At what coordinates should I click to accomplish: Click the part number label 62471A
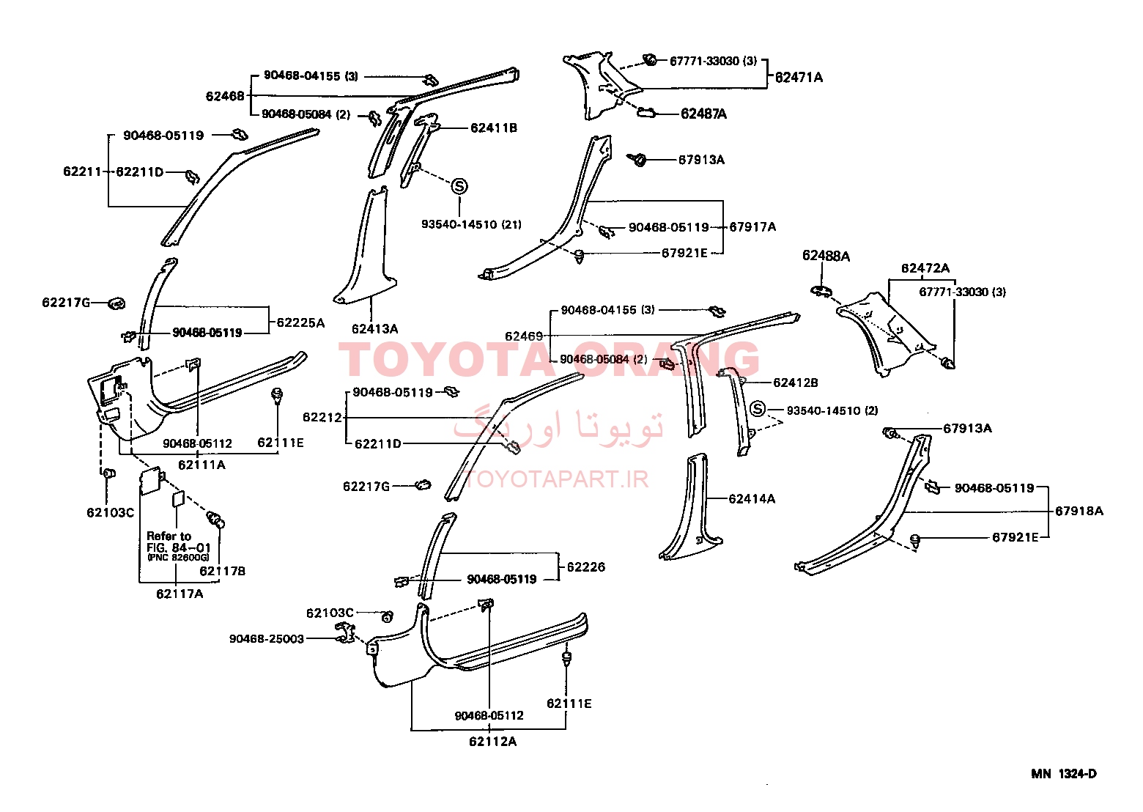pyautogui.click(x=799, y=78)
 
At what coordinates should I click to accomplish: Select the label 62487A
pyautogui.click(x=703, y=114)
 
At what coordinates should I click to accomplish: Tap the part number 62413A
pyautogui.click(x=374, y=328)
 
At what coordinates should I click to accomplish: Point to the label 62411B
pyautogui.click(x=493, y=128)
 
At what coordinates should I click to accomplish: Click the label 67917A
pyautogui.click(x=752, y=227)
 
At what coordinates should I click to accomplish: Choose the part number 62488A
pyautogui.click(x=826, y=256)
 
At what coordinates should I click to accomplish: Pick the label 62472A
pyautogui.click(x=925, y=268)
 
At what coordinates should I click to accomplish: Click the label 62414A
pyautogui.click(x=752, y=499)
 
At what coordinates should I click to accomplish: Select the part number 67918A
pyautogui.click(x=1079, y=511)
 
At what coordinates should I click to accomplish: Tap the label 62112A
pyautogui.click(x=492, y=742)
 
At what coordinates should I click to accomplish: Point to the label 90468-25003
pyautogui.click(x=267, y=639)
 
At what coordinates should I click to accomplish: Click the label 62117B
pyautogui.click(x=222, y=571)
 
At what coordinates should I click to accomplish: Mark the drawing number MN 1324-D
pyautogui.click(x=1063, y=774)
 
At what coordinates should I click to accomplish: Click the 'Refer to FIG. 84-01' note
pyautogui.click(x=179, y=542)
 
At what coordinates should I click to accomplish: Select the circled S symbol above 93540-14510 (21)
pyautogui.click(x=459, y=186)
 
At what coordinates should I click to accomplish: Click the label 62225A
pyautogui.click(x=300, y=323)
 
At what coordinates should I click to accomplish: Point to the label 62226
pyautogui.click(x=586, y=567)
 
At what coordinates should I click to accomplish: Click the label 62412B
pyautogui.click(x=796, y=383)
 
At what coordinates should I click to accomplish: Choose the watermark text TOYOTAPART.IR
pyautogui.click(x=556, y=480)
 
